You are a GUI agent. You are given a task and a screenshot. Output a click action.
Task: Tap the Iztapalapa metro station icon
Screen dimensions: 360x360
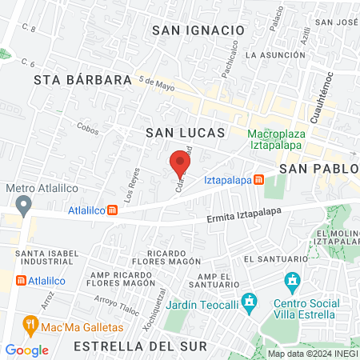[259, 180]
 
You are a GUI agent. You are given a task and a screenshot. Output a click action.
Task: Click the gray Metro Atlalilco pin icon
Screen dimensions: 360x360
[24, 206]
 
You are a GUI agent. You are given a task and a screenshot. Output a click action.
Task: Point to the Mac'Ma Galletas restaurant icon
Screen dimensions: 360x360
[31, 325]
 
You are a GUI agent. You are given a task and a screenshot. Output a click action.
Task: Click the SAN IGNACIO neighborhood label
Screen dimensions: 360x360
[198, 30]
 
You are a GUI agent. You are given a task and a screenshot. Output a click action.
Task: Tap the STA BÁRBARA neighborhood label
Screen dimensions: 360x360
[82, 80]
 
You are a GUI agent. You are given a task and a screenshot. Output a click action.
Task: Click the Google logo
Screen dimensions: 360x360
[26, 350]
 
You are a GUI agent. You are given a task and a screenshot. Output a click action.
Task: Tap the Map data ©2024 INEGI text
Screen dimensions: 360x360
[310, 354]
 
